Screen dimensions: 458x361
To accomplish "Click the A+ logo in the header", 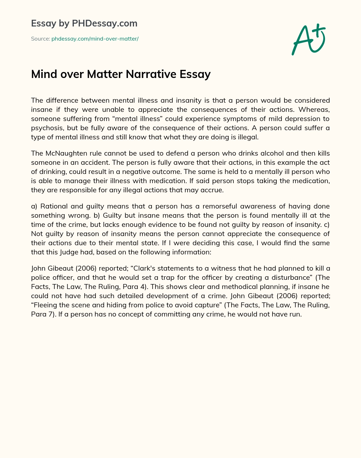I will coord(308,39).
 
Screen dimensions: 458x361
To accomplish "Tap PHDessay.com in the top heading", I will coord(104,23).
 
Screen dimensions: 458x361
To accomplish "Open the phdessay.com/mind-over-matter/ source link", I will coord(95,39).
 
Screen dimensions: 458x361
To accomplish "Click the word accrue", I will coord(212,190).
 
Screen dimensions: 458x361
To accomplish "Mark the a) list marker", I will coord(34,206).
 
